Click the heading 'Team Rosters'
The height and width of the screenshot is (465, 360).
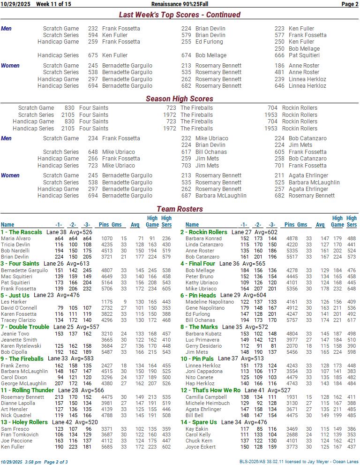[x=180, y=209]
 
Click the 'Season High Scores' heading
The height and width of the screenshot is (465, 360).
[x=180, y=99]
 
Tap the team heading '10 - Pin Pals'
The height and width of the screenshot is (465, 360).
[x=197, y=359]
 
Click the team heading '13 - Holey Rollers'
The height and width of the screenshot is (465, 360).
[x=24, y=422]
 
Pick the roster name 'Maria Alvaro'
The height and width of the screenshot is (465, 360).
[x=15, y=239]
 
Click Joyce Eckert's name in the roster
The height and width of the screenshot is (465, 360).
[x=201, y=447]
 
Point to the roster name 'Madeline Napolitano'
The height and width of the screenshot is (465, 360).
[x=210, y=302]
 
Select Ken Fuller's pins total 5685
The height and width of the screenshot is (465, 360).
[x=106, y=447]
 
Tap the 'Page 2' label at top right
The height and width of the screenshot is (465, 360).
[x=350, y=4]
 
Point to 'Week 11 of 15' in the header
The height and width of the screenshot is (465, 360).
[x=53, y=4]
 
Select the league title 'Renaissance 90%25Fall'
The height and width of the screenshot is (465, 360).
[x=182, y=4]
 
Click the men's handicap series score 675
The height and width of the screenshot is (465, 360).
[x=93, y=55]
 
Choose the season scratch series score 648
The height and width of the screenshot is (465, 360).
[x=93, y=152]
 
